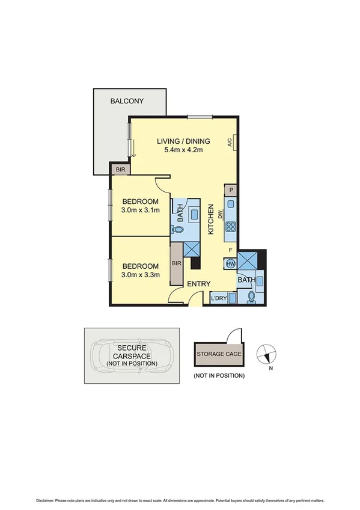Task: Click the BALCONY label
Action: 126,101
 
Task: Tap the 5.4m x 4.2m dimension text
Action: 183,150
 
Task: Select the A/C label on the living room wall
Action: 230,143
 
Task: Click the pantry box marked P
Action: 231,190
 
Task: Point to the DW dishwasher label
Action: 221,214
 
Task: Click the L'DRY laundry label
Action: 218,299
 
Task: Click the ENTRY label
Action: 198,283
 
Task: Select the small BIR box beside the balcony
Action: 121,170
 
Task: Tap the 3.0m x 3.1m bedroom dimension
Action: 140,210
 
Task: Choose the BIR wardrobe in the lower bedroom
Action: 177,263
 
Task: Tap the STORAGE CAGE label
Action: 219,354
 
